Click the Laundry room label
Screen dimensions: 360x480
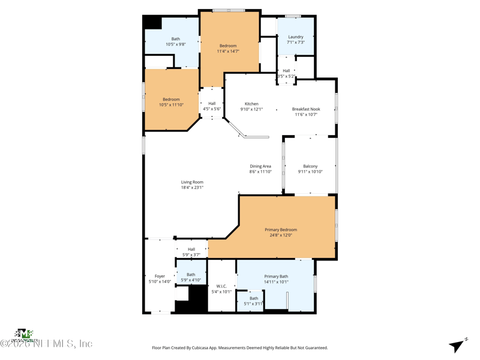click(x=296, y=37)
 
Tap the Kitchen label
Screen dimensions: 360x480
click(x=251, y=104)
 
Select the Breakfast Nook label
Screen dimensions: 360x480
click(x=306, y=109)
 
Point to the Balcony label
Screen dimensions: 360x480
click(x=310, y=166)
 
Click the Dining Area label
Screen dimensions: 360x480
click(x=260, y=166)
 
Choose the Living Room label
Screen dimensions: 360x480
click(x=192, y=182)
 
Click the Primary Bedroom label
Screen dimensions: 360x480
click(x=281, y=230)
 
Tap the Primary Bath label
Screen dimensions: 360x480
click(x=276, y=277)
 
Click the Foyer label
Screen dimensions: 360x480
click(x=160, y=277)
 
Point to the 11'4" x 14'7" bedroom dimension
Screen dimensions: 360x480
click(x=228, y=52)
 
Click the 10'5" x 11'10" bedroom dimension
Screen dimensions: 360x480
click(x=171, y=105)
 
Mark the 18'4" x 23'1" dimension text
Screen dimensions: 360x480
click(x=192, y=188)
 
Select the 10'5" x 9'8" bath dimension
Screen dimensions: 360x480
click(x=176, y=44)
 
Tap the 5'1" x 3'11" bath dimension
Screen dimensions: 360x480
click(x=254, y=304)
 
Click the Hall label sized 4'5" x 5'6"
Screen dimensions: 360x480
click(x=212, y=103)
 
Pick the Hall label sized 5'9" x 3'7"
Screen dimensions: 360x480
click(x=191, y=250)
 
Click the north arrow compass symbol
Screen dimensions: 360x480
click(x=458, y=346)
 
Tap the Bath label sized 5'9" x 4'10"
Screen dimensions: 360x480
click(x=191, y=275)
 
